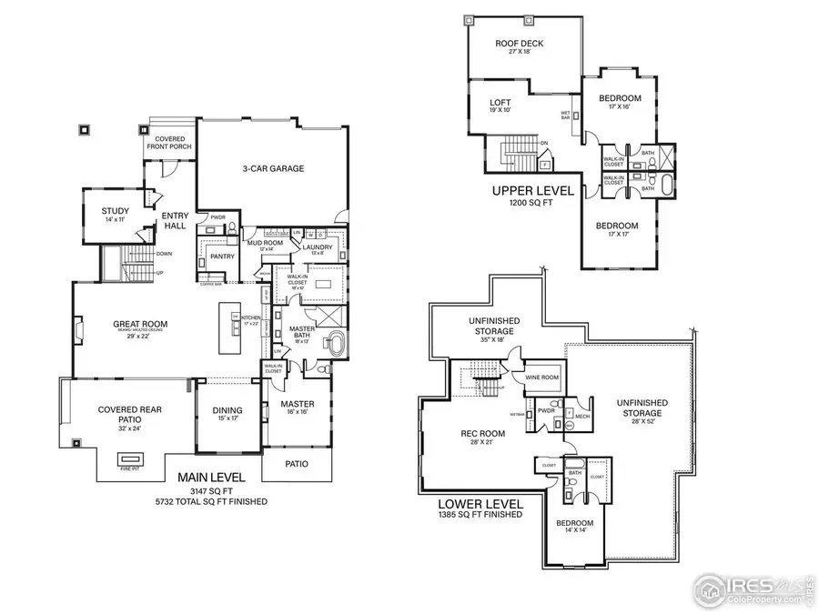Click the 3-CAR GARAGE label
click(x=273, y=168)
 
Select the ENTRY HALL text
click(x=175, y=221)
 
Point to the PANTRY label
click(x=222, y=257)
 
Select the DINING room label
click(x=227, y=410)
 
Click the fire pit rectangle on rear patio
click(x=130, y=458)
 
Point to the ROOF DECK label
click(x=513, y=44)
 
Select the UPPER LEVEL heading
click(x=532, y=191)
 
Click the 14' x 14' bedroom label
click(x=575, y=523)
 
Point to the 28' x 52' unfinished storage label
click(x=642, y=402)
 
